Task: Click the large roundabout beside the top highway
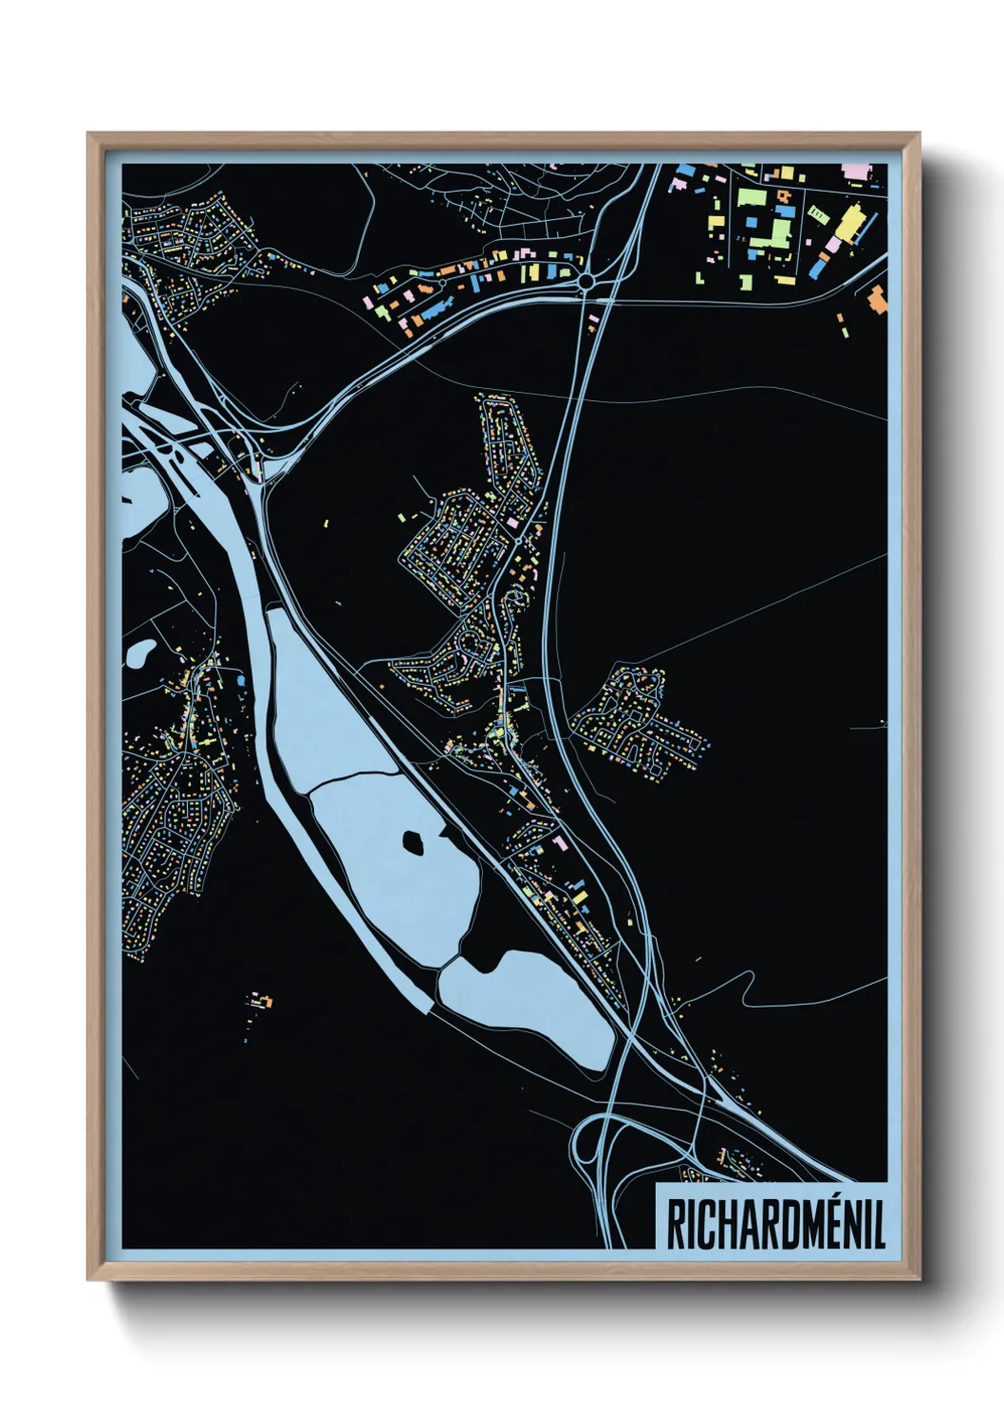click(586, 281)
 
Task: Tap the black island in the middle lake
click(414, 841)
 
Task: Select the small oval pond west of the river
click(140, 653)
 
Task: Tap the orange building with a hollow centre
click(783, 196)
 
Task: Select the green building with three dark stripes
click(816, 214)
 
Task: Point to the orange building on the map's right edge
click(878, 299)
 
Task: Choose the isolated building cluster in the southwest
click(259, 1001)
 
